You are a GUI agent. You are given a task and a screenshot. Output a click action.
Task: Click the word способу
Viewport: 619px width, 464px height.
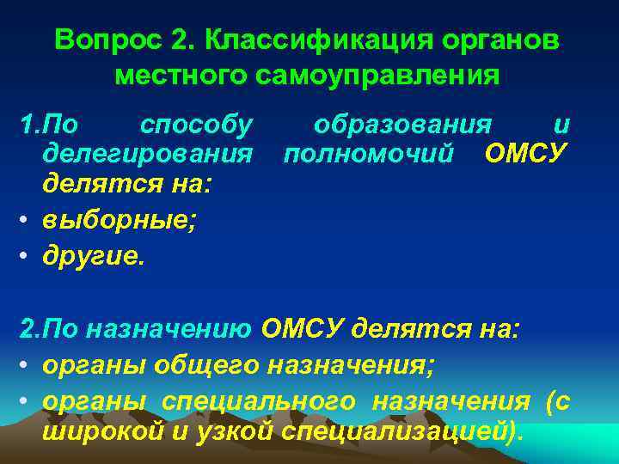pyautogui.click(x=197, y=126)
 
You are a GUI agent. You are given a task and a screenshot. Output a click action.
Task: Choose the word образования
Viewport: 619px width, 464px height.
pyautogui.click(x=403, y=126)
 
